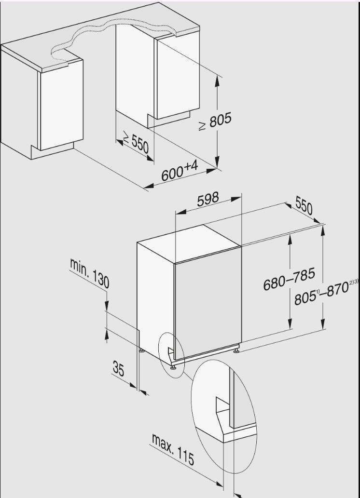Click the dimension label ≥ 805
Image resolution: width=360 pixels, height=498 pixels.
click(215, 121)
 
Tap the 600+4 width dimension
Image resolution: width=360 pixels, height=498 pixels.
click(180, 171)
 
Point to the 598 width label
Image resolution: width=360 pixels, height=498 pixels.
click(208, 199)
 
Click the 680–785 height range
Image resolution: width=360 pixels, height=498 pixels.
click(289, 279)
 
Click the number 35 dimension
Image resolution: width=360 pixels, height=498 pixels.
click(118, 369)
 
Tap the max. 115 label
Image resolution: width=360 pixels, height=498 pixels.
click(173, 449)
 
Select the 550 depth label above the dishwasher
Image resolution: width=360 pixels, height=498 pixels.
click(304, 205)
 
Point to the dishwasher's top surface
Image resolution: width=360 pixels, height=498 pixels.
click(189, 243)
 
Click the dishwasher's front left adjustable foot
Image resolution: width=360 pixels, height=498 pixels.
click(173, 367)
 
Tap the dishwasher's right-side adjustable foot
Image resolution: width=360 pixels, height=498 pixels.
click(236, 350)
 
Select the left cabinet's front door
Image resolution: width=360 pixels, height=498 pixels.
click(61, 105)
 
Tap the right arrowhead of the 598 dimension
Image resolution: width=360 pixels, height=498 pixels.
click(236, 199)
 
